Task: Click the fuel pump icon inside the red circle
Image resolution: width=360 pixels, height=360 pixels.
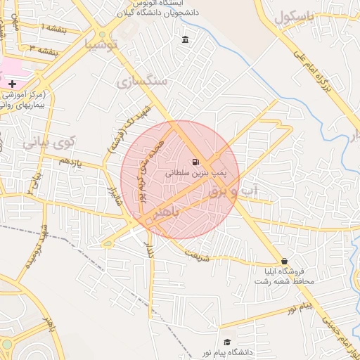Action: point(195,162)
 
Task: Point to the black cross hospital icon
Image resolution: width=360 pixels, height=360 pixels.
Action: point(12,84)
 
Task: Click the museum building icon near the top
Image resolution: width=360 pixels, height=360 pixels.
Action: point(185,39)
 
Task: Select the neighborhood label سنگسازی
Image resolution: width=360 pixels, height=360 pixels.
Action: point(143,81)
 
